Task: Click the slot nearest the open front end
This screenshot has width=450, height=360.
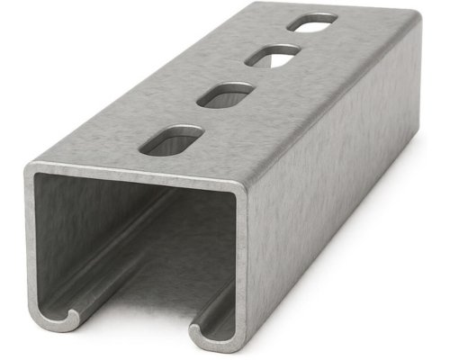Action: click(172, 140)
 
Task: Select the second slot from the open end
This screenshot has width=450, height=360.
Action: click(225, 94)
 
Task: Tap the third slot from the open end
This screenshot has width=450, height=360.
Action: click(271, 57)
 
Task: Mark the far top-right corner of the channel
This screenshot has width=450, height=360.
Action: click(415, 20)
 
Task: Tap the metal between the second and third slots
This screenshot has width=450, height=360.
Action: click(248, 76)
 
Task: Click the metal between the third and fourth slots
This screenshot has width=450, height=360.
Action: click(292, 40)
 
